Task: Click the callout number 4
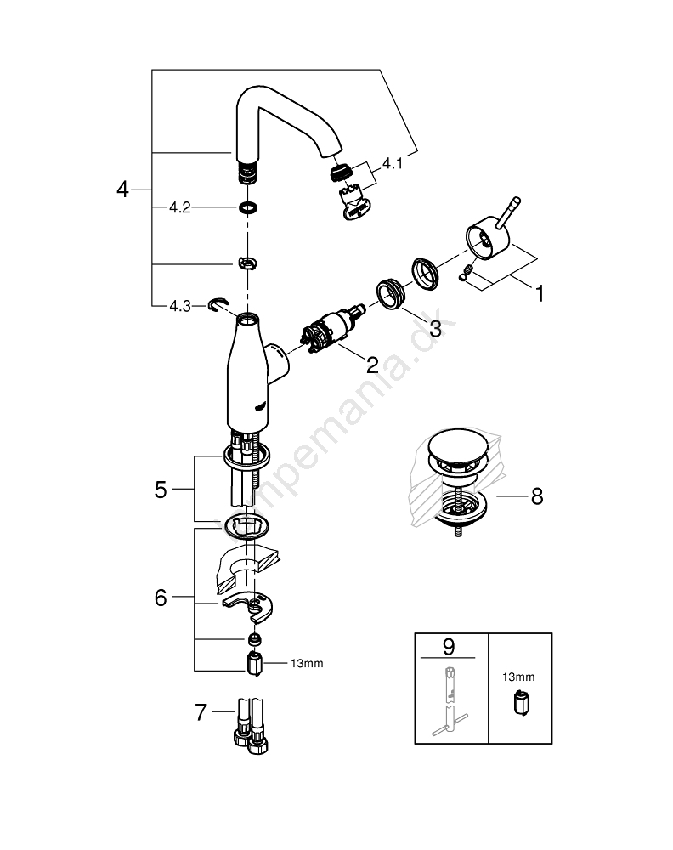point(123,190)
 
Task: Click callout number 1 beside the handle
point(538,294)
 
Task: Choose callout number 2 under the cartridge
point(371,365)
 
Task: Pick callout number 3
point(435,328)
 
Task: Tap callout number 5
point(161,490)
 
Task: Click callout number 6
point(161,598)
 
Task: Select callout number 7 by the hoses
point(201,712)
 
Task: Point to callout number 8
point(535,496)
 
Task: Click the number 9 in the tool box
point(449,647)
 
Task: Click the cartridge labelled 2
point(327,330)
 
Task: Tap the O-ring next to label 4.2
point(247,207)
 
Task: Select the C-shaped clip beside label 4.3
point(221,303)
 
